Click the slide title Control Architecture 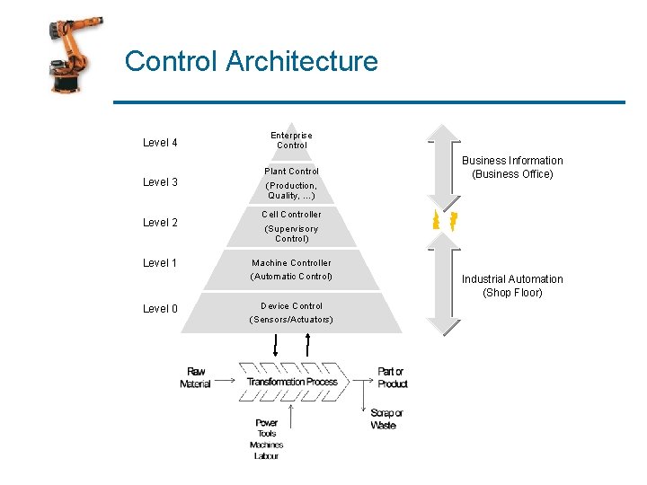point(251,61)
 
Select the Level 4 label point(160,142)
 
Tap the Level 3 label point(160,182)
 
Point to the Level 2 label point(160,223)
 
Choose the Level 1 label point(160,263)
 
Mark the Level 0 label point(160,309)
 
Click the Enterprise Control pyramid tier point(291,140)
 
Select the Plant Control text point(291,172)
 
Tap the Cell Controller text point(291,215)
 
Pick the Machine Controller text point(291,263)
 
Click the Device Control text point(291,306)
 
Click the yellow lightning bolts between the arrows point(446,221)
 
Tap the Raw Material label point(195,378)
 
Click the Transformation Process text point(292,382)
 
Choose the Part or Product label point(392,377)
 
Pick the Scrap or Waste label point(386,419)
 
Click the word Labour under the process point(266,456)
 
